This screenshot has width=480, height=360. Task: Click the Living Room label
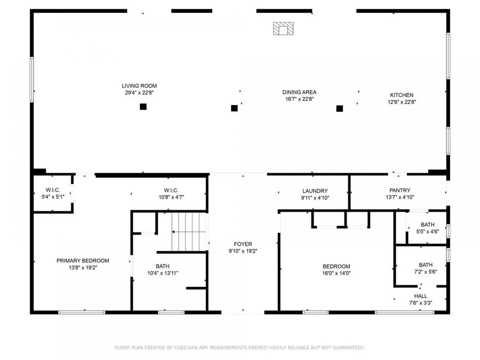pyautogui.click(x=139, y=85)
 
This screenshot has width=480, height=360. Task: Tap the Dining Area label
pyautogui.click(x=299, y=92)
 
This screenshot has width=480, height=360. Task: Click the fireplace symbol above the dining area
pyautogui.click(x=283, y=28)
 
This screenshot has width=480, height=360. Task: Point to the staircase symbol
pyautogui.click(x=188, y=231)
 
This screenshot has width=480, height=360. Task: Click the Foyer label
pyautogui.click(x=243, y=244)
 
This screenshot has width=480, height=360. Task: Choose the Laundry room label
pyautogui.click(x=315, y=191)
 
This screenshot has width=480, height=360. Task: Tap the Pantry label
pyautogui.click(x=399, y=190)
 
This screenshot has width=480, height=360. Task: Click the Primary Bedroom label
pyautogui.click(x=83, y=261)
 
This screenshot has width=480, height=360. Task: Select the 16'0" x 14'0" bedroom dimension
pyautogui.click(x=336, y=273)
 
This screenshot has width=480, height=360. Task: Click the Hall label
pyautogui.click(x=420, y=296)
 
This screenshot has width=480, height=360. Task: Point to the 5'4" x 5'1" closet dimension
pyautogui.click(x=53, y=197)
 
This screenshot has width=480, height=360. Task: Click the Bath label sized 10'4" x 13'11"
pyautogui.click(x=162, y=266)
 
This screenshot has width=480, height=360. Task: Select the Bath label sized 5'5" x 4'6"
pyautogui.click(x=427, y=225)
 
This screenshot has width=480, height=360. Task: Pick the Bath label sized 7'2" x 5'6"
pyautogui.click(x=426, y=265)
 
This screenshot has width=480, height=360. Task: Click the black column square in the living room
pyautogui.click(x=143, y=107)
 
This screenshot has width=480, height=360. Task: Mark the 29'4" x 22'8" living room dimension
pyautogui.click(x=139, y=92)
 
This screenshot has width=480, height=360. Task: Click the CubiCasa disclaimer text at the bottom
pyautogui.click(x=240, y=348)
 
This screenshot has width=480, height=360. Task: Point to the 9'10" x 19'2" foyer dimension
pyautogui.click(x=243, y=251)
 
